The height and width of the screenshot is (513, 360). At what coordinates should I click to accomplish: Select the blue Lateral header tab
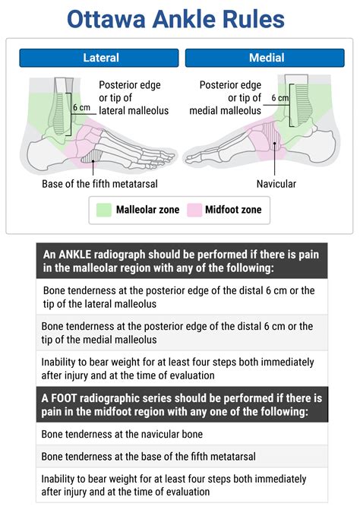click(99, 58)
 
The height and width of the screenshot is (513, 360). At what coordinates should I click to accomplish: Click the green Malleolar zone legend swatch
click(104, 210)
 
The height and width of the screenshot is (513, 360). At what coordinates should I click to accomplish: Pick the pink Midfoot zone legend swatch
click(194, 210)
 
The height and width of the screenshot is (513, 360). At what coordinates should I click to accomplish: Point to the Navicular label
click(276, 184)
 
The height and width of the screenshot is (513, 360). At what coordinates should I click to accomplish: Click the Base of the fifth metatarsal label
click(105, 184)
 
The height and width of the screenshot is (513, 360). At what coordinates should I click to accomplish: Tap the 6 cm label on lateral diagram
click(81, 107)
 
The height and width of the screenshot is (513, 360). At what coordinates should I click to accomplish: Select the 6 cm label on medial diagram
click(280, 98)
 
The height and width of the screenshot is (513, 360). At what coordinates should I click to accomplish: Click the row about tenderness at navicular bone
click(182, 434)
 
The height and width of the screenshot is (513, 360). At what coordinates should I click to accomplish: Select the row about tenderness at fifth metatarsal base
click(182, 457)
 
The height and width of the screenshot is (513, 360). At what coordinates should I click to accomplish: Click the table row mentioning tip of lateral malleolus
click(182, 296)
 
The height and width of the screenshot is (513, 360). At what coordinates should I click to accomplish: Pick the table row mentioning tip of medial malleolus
click(182, 332)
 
